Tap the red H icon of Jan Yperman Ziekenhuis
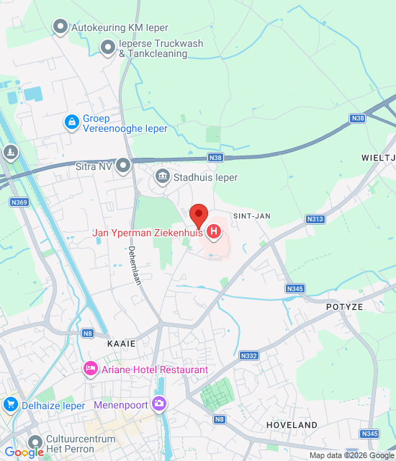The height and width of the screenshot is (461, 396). click(x=214, y=232)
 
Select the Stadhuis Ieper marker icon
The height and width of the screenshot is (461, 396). click(x=162, y=176)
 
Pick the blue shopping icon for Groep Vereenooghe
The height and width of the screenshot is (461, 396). click(x=71, y=122)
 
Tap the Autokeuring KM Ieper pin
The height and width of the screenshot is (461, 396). click(x=60, y=27)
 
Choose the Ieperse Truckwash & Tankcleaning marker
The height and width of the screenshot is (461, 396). click(x=108, y=48)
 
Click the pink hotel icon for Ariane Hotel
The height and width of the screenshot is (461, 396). click(x=91, y=369)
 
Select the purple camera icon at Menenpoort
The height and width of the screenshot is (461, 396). click(x=158, y=404)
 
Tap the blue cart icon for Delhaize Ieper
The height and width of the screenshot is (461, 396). click(x=10, y=404)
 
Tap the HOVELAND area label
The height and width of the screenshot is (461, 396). click(x=292, y=425)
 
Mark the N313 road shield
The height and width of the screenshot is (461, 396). click(x=315, y=219)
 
